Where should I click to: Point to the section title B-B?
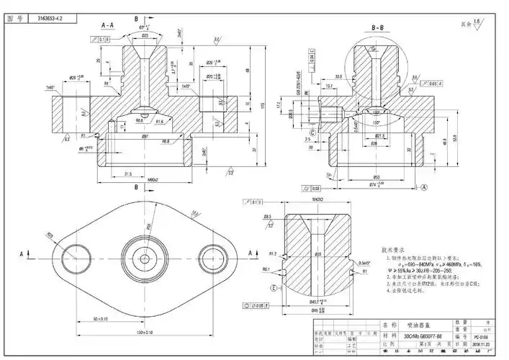click(x=378, y=28)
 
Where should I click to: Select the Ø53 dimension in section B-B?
click(x=376, y=176)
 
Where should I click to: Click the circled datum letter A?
click(x=425, y=187)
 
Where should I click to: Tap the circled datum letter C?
click(x=312, y=132)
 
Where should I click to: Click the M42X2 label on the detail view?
click(x=316, y=199)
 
